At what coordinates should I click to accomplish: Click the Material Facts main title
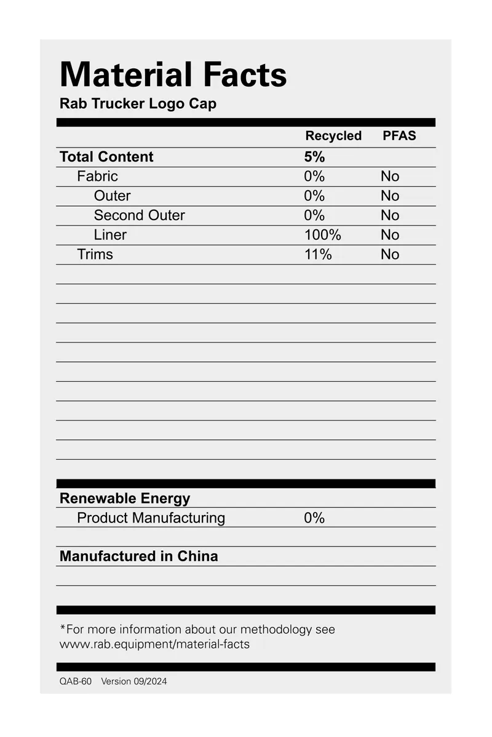point(173,75)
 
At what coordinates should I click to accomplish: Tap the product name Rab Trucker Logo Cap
point(138,103)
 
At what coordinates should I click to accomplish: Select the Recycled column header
point(333,136)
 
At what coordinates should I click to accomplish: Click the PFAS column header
point(399,136)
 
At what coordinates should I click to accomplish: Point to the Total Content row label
point(106,157)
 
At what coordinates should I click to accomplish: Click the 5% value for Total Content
point(314,157)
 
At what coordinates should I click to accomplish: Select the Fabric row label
point(97,176)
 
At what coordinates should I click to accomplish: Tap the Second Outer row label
point(139,215)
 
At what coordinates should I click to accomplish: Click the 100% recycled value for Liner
point(322,235)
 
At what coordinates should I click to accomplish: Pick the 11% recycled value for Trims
point(318,254)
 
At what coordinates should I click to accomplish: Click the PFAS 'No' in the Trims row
point(390,254)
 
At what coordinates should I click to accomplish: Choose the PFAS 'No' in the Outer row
point(390,196)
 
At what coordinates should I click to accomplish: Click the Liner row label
point(110,235)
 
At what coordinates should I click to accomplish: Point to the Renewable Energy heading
point(125,499)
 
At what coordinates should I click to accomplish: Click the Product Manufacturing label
point(151,518)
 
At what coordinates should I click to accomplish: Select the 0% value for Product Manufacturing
point(314,518)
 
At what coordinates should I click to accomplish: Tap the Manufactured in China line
point(138,556)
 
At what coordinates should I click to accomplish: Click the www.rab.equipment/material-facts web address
point(154,645)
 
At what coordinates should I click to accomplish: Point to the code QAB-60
point(75,682)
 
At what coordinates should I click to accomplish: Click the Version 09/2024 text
point(134,682)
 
